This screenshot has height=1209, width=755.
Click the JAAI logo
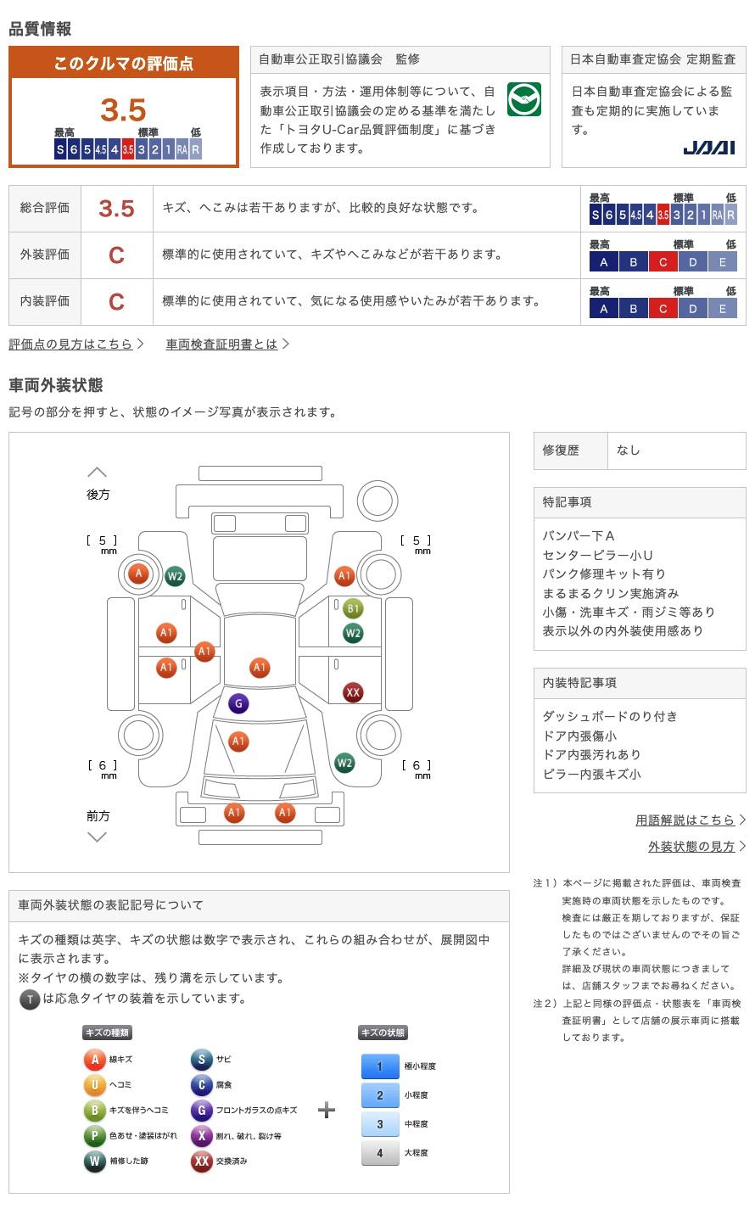pos(708,148)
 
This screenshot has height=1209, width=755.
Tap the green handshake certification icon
pos(524,99)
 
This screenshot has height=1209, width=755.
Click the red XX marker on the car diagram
pos(353,692)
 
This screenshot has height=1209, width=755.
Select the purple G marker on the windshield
pos(238,703)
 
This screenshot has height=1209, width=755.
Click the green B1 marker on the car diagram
pos(353,608)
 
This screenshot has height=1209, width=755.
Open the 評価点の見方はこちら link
pos(71,344)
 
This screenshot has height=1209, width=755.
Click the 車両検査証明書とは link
pos(222,344)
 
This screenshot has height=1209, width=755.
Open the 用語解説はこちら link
pos(685,820)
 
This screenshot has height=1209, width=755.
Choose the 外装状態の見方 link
pos(691,846)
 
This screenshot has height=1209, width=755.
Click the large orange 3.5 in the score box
pos(123,110)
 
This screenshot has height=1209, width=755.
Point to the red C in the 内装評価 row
pos(116,301)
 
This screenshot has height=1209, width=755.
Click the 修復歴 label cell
pos(561,451)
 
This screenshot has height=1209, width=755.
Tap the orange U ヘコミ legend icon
pos(94,1084)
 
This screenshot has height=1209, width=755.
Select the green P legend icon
pos(94,1135)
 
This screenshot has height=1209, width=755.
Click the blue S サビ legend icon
pos(201,1059)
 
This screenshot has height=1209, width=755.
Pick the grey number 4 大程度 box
pos(380,1152)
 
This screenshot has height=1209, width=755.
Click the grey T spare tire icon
pos(30,999)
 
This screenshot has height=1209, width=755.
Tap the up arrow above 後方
pos(98,472)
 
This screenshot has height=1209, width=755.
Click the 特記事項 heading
pos(568,502)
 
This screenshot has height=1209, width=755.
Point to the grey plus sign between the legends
pos(327,1110)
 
